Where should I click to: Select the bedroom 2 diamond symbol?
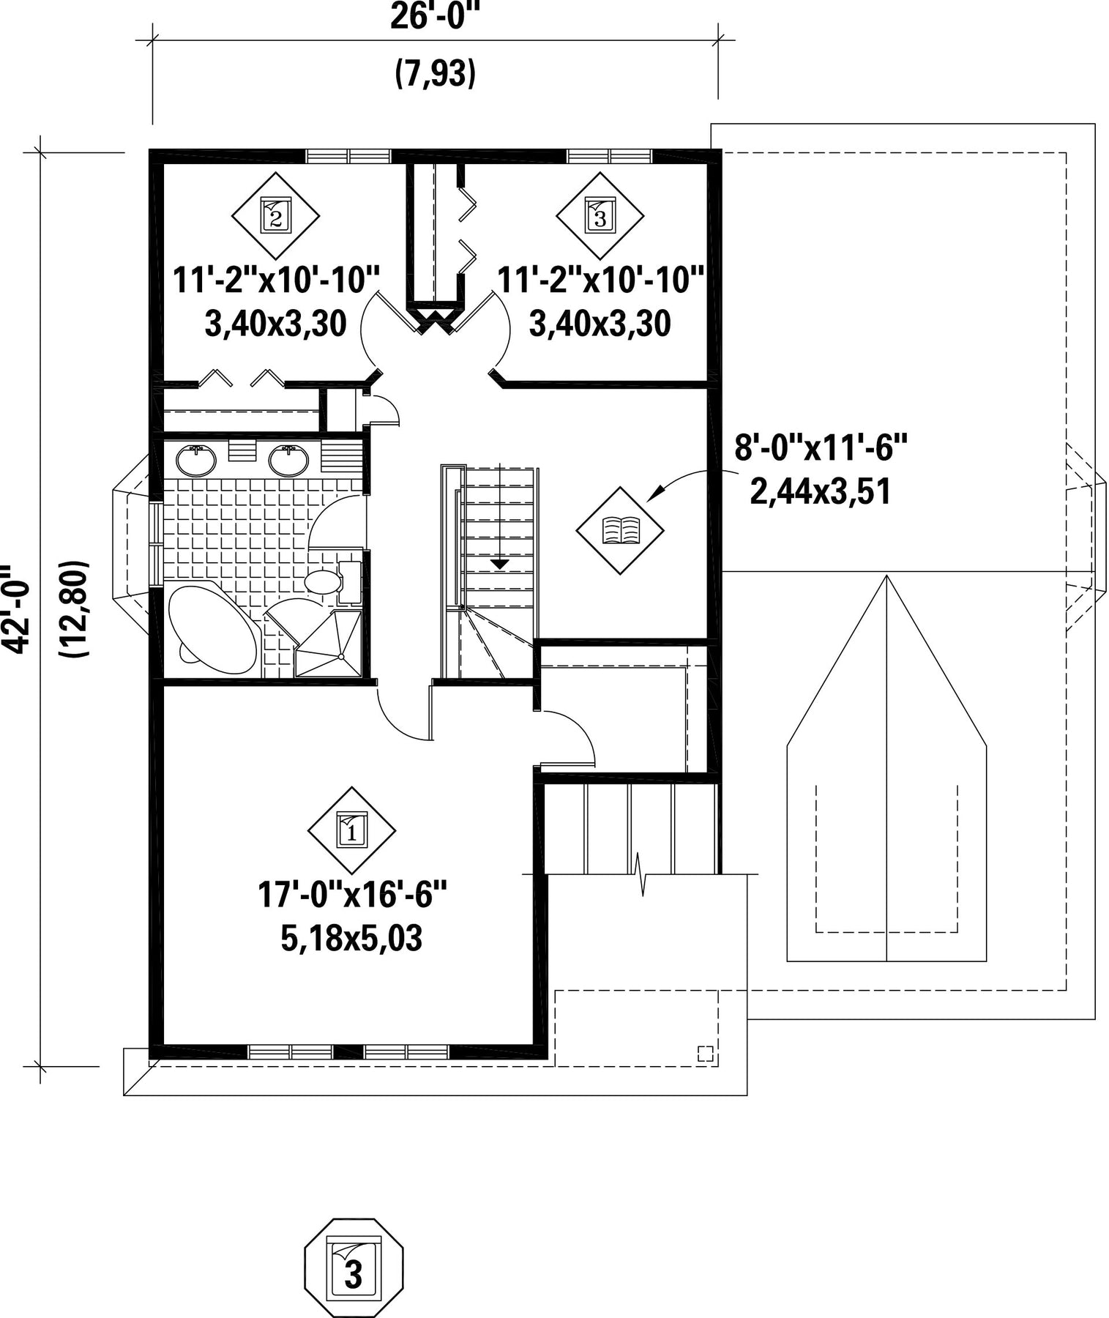coord(276,215)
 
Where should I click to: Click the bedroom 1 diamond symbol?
coord(351,830)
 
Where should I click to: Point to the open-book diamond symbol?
coord(620,530)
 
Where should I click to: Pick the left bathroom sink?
coord(195,460)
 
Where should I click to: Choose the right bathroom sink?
coord(288,460)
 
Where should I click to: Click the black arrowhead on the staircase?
coord(499,564)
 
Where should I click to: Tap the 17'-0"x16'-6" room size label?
coord(351,894)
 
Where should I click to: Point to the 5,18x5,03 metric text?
coord(351,939)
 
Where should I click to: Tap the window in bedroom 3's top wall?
coord(610,156)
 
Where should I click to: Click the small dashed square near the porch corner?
coord(705,1054)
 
